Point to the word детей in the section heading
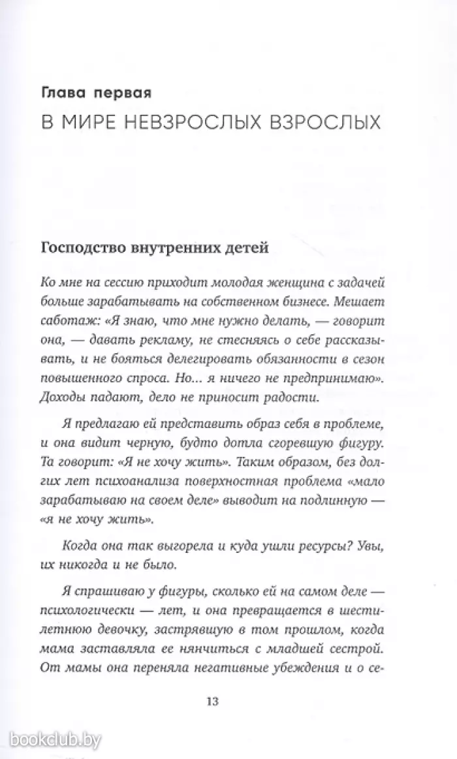click(x=247, y=248)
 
